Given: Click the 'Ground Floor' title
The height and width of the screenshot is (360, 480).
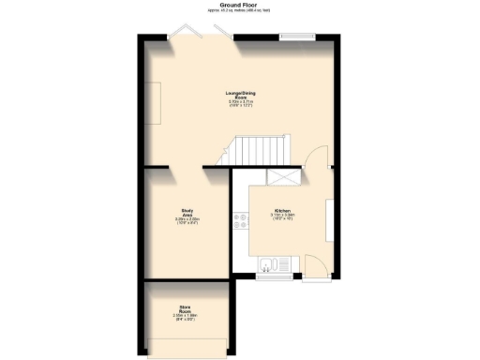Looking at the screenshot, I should [239, 5].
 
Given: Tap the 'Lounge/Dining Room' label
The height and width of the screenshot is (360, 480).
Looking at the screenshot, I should [240, 97].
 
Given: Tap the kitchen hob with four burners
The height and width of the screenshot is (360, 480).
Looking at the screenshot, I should [242, 222].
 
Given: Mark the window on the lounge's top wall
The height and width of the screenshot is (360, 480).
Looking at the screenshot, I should [298, 37].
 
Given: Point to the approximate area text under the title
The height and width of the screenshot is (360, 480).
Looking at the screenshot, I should [239, 11].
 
